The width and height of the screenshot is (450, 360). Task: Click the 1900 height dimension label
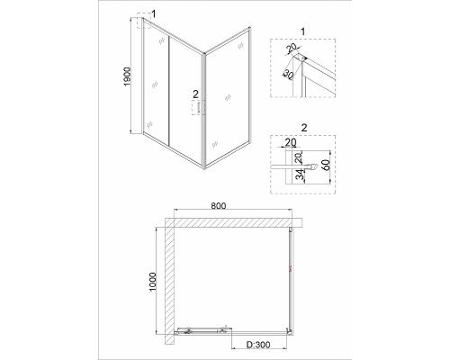click(x=127, y=76)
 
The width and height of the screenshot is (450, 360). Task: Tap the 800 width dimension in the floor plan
click(x=218, y=206)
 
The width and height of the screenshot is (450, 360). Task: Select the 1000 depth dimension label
click(x=153, y=282)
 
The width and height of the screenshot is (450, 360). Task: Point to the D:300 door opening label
click(x=258, y=345)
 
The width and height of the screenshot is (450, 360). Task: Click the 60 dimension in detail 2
click(x=326, y=165)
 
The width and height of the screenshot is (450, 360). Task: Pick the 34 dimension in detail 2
click(x=300, y=175)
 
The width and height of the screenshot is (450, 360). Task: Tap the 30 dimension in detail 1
click(x=288, y=75)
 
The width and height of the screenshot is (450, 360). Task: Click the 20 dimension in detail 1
click(x=291, y=48)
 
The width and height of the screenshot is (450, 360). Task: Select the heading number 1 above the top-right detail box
click(x=302, y=31)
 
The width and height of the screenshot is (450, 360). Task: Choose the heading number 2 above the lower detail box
click(x=304, y=128)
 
